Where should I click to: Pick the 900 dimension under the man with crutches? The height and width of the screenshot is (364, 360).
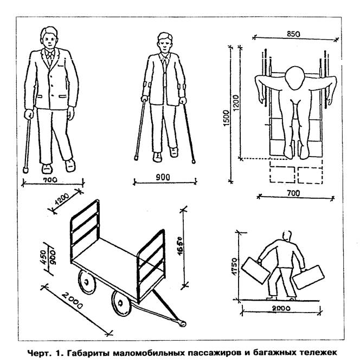point(163,177)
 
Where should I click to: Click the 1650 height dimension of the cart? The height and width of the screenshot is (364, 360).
point(178,251)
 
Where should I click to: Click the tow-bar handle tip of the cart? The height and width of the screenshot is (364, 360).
point(182,324)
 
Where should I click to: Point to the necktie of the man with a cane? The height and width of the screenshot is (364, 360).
point(50,58)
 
